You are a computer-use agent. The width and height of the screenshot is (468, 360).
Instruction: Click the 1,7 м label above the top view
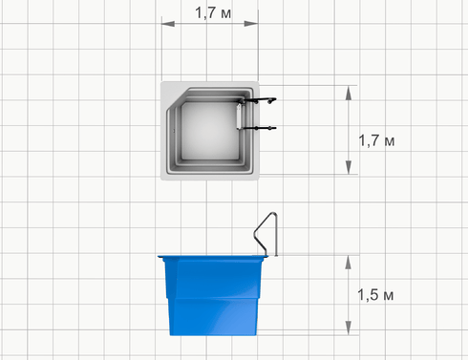click(213, 13)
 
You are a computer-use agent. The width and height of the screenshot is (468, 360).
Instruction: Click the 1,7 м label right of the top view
click(376, 140)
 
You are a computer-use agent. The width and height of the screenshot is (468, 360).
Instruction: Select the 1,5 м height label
click(375, 295)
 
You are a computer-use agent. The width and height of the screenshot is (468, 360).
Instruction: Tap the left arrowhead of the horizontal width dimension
click(168, 24)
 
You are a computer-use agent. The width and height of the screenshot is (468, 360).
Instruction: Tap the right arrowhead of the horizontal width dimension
click(251, 24)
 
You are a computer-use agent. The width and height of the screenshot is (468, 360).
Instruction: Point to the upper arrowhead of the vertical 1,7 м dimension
click(349, 93)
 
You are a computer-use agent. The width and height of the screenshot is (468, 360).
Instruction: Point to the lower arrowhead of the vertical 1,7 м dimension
click(349, 167)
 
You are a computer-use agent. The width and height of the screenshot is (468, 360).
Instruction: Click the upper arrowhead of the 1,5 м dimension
click(349, 263)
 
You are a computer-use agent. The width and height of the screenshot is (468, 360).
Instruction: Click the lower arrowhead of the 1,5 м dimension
click(349, 328)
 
